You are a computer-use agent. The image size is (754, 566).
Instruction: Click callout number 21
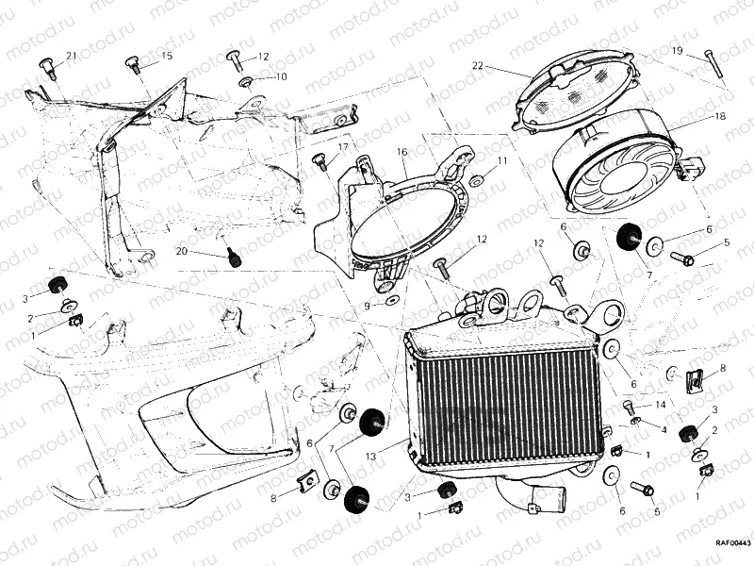coord(72,56)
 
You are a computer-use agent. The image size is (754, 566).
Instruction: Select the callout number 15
coord(167,57)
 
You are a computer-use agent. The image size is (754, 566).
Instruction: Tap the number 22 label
coord(477,65)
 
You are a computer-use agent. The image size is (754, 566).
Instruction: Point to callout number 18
coord(720,117)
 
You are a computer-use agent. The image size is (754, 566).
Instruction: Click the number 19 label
coord(677,50)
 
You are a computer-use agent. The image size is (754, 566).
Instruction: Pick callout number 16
coord(402,153)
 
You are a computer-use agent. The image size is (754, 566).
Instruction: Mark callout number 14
coord(661,405)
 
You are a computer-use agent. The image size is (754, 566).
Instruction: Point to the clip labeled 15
coord(133,65)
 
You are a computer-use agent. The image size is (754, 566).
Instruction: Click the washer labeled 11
coord(476,179)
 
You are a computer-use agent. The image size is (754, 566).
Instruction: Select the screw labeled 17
coord(320,161)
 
